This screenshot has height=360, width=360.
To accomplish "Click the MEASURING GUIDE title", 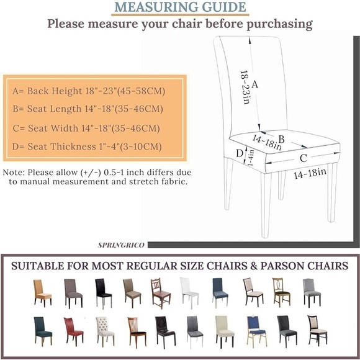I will click(180, 7).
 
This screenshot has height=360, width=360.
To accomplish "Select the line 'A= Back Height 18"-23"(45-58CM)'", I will click(89, 91).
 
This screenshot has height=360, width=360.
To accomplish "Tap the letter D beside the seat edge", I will click(239, 153).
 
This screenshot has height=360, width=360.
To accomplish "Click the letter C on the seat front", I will click(303, 158).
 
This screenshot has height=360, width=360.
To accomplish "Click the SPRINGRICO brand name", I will click(121, 245).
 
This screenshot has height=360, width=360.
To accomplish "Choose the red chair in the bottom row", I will click(73, 330).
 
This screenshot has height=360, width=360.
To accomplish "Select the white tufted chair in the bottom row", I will click(105, 330).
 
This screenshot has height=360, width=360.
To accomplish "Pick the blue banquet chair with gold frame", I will click(256, 331).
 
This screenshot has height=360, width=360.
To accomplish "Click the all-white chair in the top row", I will click(189, 292).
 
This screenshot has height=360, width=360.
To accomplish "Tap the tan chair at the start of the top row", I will click(42, 292).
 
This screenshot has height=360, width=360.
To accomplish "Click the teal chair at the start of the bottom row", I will click(43, 330).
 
